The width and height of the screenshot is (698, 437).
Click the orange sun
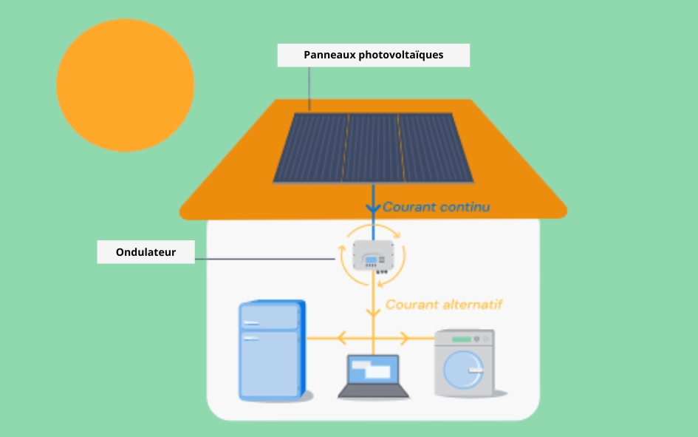pyautogui.click(x=125, y=86)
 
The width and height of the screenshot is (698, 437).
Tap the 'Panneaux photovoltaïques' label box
pyautogui.click(x=373, y=55)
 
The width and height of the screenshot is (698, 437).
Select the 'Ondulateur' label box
pyautogui.click(x=146, y=252)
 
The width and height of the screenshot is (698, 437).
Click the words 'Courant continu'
pyautogui.click(x=436, y=207)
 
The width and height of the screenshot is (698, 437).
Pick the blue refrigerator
pyautogui.click(x=271, y=350)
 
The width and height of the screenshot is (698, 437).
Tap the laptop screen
pyautogui.click(x=373, y=369)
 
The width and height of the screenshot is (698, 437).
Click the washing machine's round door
pyautogui.click(x=466, y=367)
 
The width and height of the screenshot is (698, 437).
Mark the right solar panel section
pyautogui.click(x=436, y=147)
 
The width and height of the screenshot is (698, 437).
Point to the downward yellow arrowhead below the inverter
pyautogui.click(x=373, y=311)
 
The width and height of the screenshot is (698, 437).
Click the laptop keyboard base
pyautogui.click(x=373, y=392)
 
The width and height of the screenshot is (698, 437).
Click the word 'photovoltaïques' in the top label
pyautogui.click(x=401, y=55)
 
